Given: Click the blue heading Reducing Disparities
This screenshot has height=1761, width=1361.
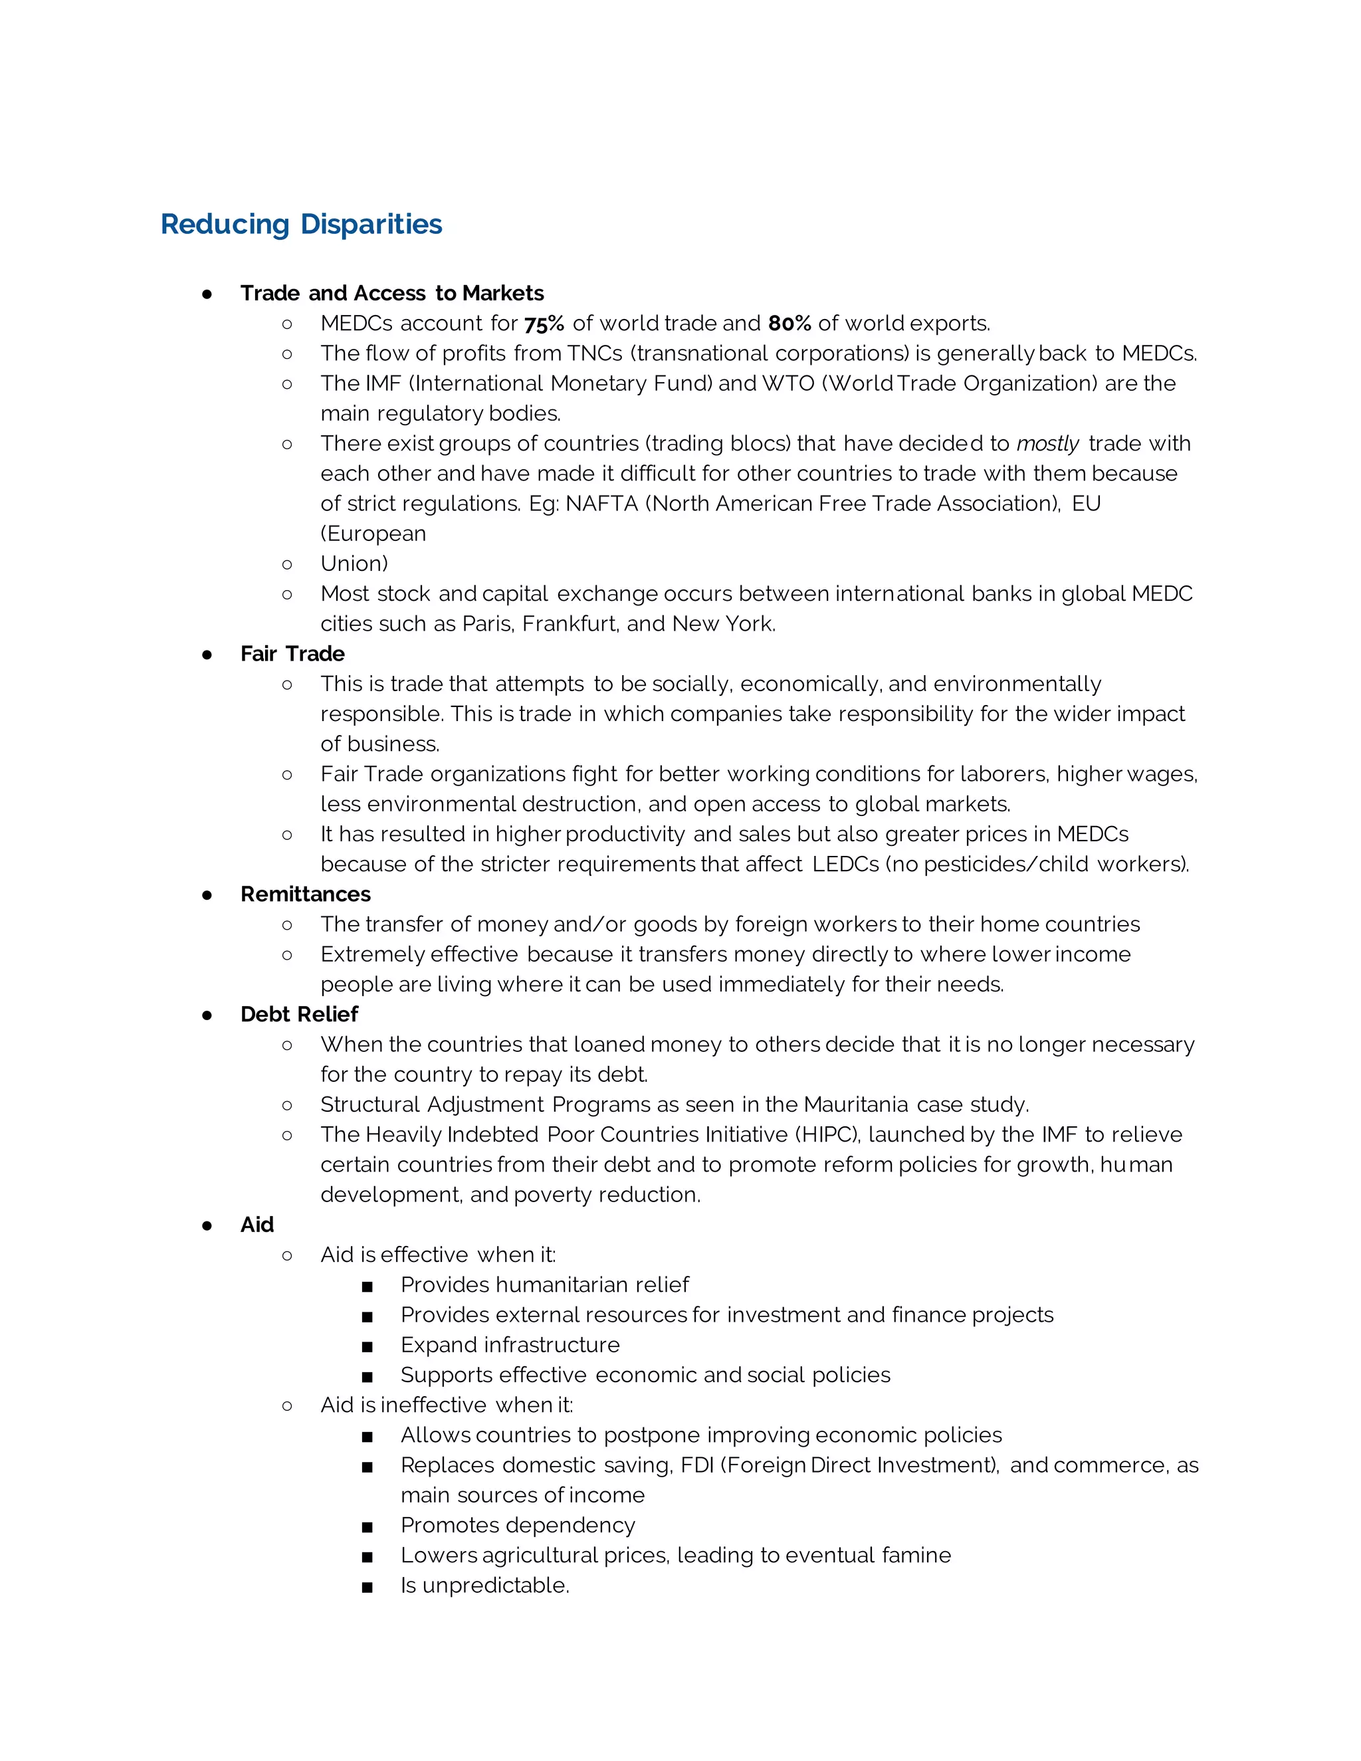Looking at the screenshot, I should pos(301,224).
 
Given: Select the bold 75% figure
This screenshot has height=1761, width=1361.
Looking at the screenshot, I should pos(544,324).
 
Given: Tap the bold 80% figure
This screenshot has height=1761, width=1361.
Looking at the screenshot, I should pos(789,324).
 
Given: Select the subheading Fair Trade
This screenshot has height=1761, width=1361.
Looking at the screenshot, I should pos(292,654).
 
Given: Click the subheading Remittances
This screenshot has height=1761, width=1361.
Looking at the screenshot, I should pos(305,894).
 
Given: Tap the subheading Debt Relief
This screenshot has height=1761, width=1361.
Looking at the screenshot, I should pos(298,1014).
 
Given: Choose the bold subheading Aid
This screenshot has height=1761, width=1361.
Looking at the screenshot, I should pos(257,1225).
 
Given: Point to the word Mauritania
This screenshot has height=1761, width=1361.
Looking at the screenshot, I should pos(855,1104).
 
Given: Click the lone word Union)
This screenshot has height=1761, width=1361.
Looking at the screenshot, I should pos(354,564).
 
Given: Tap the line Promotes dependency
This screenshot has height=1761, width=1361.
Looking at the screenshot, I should pos(518,1526).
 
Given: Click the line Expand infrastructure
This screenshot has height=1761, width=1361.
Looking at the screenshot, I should pos(510,1345).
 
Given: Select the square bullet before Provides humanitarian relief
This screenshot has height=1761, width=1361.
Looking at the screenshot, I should pos(367,1286).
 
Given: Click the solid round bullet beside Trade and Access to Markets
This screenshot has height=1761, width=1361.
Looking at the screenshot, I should pos(207,294).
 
